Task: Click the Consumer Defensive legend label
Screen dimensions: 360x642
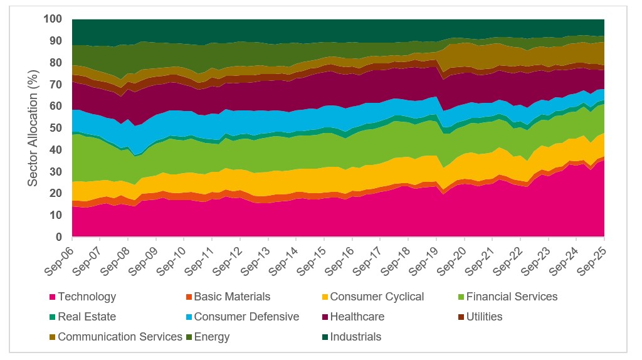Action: point(246,317)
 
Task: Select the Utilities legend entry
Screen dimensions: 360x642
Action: point(483,317)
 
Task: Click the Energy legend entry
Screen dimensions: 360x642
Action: point(212,337)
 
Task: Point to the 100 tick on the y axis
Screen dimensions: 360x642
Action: point(53,19)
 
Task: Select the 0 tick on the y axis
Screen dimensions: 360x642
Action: point(60,236)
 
